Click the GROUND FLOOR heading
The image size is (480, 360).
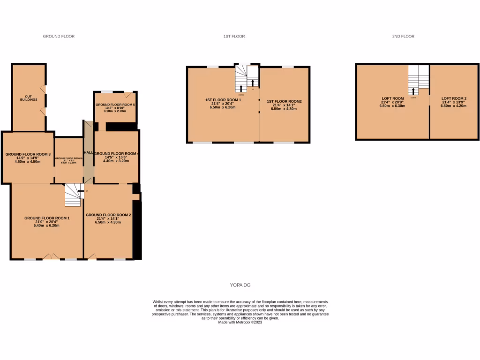(x=59, y=36)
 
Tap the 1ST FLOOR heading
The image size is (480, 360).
(x=234, y=36)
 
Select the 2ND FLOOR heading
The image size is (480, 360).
(x=403, y=36)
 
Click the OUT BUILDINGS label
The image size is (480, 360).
(x=29, y=97)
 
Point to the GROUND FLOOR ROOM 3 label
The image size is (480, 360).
(x=28, y=154)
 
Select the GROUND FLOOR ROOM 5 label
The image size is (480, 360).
(x=115, y=105)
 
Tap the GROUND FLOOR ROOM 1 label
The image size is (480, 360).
(x=47, y=218)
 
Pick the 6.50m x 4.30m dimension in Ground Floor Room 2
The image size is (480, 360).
(x=108, y=222)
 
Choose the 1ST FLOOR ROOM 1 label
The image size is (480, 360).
(x=223, y=100)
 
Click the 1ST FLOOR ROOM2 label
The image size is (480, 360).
(x=284, y=101)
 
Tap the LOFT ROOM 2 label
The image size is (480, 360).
(x=454, y=98)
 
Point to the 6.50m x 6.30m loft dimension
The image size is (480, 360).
(x=392, y=106)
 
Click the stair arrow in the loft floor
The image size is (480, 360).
(x=413, y=90)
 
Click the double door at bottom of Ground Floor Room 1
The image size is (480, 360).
(x=51, y=256)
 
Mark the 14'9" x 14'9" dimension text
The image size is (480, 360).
(x=28, y=158)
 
